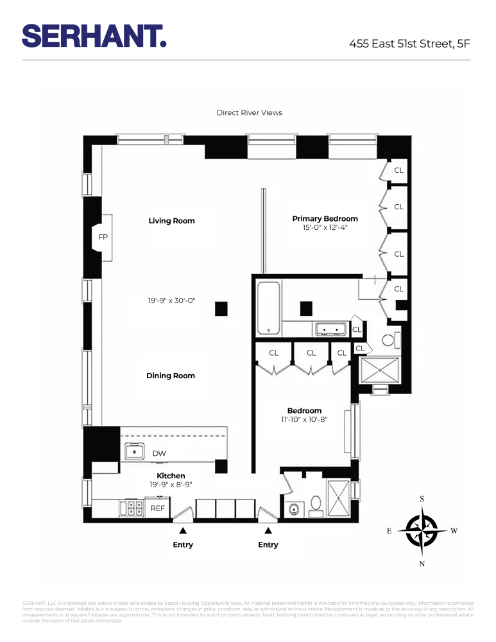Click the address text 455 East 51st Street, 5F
(409, 44)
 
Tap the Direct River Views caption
(249, 113)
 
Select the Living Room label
(171, 221)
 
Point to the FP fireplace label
(103, 238)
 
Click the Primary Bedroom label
(325, 219)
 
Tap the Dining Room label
(170, 376)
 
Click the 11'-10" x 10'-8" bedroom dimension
(304, 420)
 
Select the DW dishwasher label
(159, 453)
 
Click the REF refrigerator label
(158, 508)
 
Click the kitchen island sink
(135, 452)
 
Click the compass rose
(422, 531)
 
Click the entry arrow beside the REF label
(183, 530)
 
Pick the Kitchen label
(171, 476)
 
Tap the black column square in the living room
(221, 309)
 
